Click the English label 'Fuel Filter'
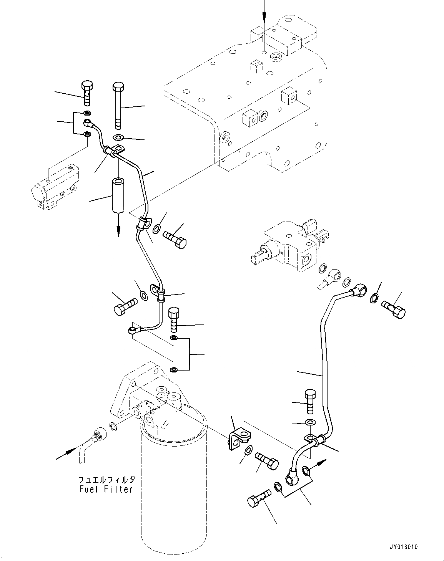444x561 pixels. point(105,489)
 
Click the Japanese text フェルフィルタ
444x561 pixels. point(106,480)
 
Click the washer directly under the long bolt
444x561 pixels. point(118,138)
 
